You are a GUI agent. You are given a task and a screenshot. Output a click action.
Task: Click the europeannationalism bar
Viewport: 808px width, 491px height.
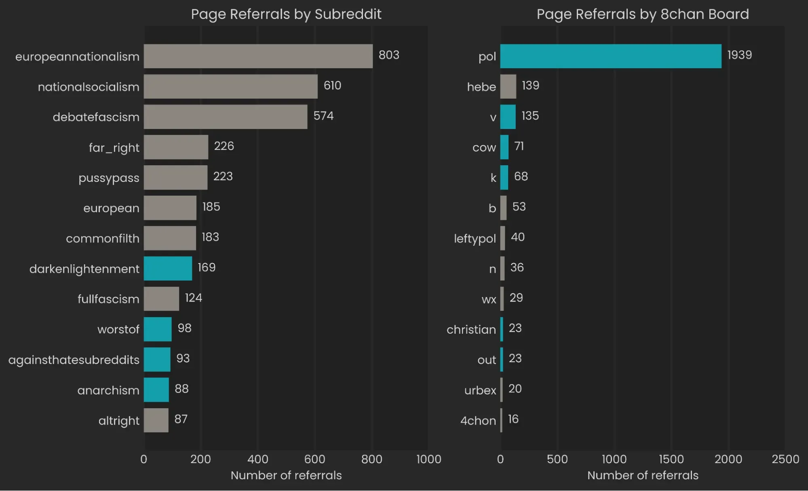tap(258, 56)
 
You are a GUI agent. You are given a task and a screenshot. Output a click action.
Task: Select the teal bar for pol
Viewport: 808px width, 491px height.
tap(610, 56)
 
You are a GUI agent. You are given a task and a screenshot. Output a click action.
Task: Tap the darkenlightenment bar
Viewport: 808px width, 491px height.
tap(168, 268)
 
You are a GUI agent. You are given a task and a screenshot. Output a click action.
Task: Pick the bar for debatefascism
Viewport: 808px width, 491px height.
tap(226, 117)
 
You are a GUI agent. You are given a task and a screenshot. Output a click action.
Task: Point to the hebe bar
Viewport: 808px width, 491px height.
tap(508, 86)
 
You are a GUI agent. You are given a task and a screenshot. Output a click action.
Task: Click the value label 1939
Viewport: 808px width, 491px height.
tap(739, 55)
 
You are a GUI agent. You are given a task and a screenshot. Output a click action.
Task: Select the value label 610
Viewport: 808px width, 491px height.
tap(332, 85)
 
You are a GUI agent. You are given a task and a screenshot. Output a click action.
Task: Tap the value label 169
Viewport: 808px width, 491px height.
tap(207, 267)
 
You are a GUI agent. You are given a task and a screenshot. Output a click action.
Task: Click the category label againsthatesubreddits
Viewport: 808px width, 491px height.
tap(74, 360)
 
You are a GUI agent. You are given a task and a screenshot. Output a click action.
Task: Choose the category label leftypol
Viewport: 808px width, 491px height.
tap(475, 238)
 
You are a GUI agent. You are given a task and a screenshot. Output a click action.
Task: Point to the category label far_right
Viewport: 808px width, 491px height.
tap(114, 148)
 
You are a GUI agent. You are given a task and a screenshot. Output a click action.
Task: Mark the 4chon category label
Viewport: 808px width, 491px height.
tap(478, 421)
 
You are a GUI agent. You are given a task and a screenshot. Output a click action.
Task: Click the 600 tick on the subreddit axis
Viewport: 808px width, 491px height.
tap(314, 459)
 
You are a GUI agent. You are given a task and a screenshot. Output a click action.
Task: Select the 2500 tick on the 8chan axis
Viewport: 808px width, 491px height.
tap(785, 459)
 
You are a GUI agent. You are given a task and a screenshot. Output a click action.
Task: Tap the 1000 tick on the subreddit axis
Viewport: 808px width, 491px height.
tap(428, 459)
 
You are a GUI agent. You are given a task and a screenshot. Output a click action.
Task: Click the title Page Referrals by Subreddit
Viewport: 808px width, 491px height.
tap(286, 14)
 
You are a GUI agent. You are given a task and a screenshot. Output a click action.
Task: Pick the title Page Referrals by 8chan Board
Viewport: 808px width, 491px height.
tap(643, 14)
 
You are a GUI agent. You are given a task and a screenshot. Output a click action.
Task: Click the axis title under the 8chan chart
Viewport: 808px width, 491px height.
tap(643, 475)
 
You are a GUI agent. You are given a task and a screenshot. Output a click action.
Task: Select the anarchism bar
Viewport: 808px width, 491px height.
tap(156, 390)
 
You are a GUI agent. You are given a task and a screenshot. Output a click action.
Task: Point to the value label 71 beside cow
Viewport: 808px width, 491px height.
tap(519, 146)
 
